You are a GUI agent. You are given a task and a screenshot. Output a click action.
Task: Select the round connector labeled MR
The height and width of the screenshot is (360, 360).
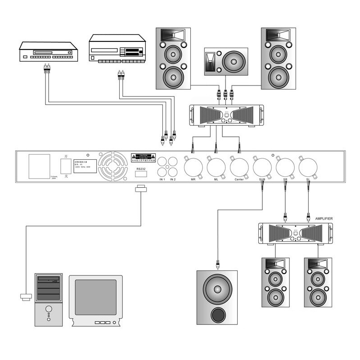193,167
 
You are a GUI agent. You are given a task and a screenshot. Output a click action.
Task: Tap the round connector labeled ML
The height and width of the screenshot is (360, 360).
216,167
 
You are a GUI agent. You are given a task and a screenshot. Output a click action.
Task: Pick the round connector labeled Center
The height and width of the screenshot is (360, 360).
239,167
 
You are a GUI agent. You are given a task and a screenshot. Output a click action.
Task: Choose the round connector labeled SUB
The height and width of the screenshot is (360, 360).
262,167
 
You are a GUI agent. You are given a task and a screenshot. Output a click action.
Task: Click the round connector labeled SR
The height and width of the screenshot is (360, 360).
285,167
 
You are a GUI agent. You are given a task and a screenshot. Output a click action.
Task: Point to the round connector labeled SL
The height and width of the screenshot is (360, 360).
308,167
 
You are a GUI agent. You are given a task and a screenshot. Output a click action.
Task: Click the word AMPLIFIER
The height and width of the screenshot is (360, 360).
320,218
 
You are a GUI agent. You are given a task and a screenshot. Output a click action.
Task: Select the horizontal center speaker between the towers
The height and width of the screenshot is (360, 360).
225,61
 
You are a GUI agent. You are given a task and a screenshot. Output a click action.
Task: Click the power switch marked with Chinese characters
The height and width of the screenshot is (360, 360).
66,165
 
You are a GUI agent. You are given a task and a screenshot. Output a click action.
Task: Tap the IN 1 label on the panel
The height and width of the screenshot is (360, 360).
162,180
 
